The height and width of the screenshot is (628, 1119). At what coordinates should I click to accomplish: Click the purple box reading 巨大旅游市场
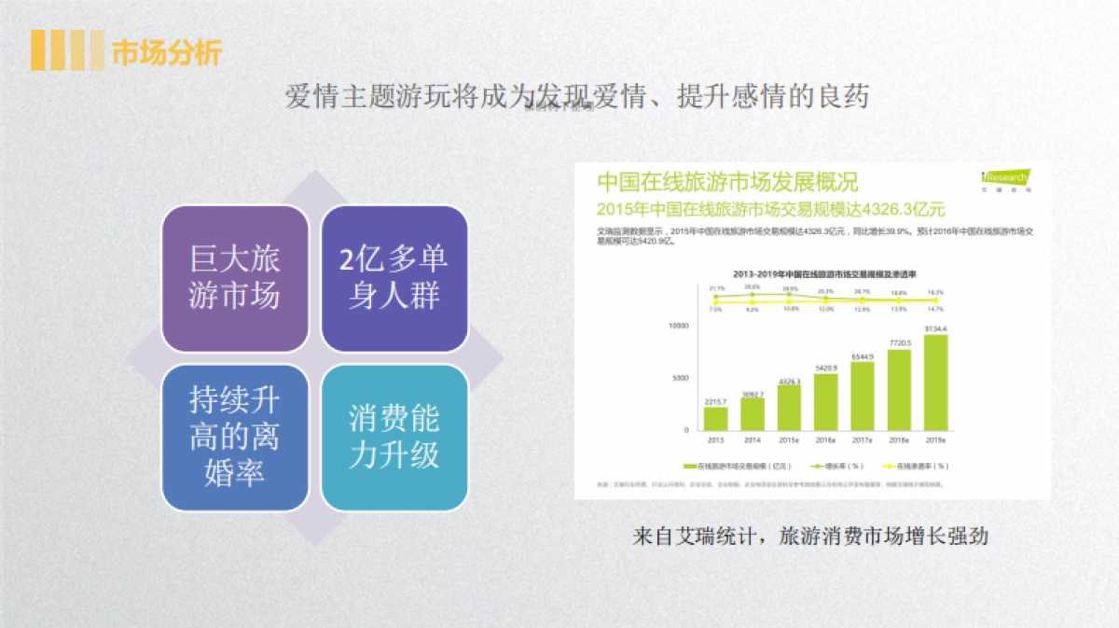(x=235, y=278)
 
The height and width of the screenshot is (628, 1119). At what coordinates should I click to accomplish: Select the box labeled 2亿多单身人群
(x=394, y=278)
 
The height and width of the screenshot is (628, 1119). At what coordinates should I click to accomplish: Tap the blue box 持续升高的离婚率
(x=235, y=437)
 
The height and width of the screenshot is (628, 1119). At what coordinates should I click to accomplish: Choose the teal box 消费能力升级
(x=394, y=437)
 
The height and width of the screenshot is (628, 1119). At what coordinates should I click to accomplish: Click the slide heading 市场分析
(x=166, y=52)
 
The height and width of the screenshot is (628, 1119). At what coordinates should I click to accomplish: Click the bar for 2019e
(x=935, y=382)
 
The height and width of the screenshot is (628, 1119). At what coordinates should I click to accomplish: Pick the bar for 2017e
(x=863, y=396)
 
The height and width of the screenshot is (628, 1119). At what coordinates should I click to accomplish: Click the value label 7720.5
(x=899, y=343)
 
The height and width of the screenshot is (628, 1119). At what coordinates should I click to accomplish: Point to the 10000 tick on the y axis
(x=678, y=326)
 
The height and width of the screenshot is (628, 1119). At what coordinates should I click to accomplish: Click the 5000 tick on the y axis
(x=680, y=378)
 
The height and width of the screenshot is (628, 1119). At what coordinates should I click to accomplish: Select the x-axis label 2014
(x=753, y=440)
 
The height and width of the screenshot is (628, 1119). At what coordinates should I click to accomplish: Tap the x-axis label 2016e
(x=826, y=440)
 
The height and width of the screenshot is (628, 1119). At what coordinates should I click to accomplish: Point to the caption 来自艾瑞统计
(x=809, y=537)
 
